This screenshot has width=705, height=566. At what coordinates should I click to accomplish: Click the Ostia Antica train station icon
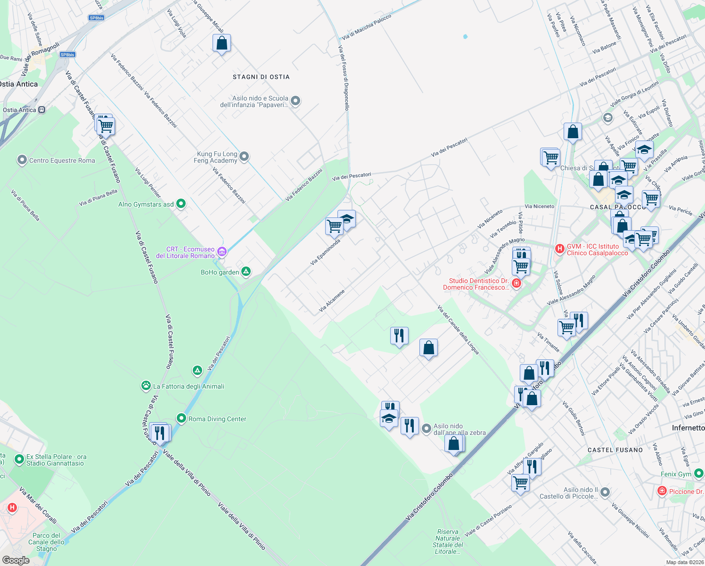click(x=42, y=110)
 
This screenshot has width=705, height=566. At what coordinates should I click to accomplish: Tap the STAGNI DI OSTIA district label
click(x=261, y=77)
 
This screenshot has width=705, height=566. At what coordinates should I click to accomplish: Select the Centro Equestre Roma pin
click(x=22, y=160)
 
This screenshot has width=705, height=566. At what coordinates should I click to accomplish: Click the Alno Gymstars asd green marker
click(x=180, y=204)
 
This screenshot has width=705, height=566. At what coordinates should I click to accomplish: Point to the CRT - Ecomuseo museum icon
click(x=222, y=251)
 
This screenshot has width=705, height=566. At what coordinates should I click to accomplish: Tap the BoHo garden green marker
click(x=246, y=272)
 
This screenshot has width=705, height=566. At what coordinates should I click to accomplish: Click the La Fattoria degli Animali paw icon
click(x=146, y=386)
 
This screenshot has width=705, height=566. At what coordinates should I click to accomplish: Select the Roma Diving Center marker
click(x=181, y=418)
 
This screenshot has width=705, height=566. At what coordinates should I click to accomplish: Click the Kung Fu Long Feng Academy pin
click(x=244, y=156)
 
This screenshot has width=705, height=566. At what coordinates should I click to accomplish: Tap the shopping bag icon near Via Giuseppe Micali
click(x=221, y=43)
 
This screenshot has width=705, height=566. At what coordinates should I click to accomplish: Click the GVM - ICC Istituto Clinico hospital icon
click(x=559, y=249)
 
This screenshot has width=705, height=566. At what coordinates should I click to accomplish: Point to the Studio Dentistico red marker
click(x=516, y=283)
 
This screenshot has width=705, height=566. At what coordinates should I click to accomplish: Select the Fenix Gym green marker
click(x=698, y=473)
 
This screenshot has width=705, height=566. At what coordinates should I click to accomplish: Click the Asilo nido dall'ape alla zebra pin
click(x=426, y=428)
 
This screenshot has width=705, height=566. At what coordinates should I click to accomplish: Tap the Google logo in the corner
click(x=16, y=560)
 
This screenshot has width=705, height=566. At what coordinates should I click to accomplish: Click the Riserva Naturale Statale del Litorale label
click(x=448, y=541)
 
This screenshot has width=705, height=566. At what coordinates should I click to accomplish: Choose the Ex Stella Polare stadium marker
click(x=19, y=459)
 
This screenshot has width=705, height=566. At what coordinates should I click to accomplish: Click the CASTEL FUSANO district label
click(x=615, y=450)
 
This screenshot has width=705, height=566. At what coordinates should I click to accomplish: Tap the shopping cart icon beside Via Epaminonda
click(x=334, y=226)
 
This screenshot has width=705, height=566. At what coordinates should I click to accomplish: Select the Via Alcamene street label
click(x=332, y=301)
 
